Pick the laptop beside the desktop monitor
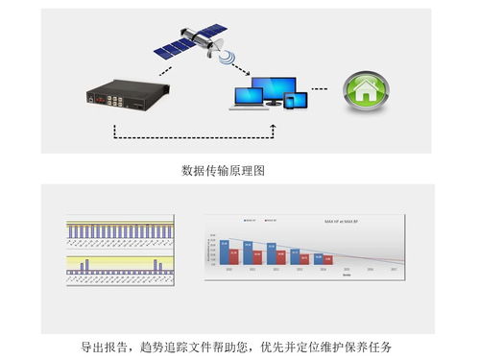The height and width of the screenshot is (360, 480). (x=252, y=96)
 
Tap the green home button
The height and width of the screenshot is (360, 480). (x=364, y=91)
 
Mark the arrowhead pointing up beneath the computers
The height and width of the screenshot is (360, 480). (x=273, y=122)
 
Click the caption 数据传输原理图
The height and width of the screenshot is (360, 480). (x=225, y=171)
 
